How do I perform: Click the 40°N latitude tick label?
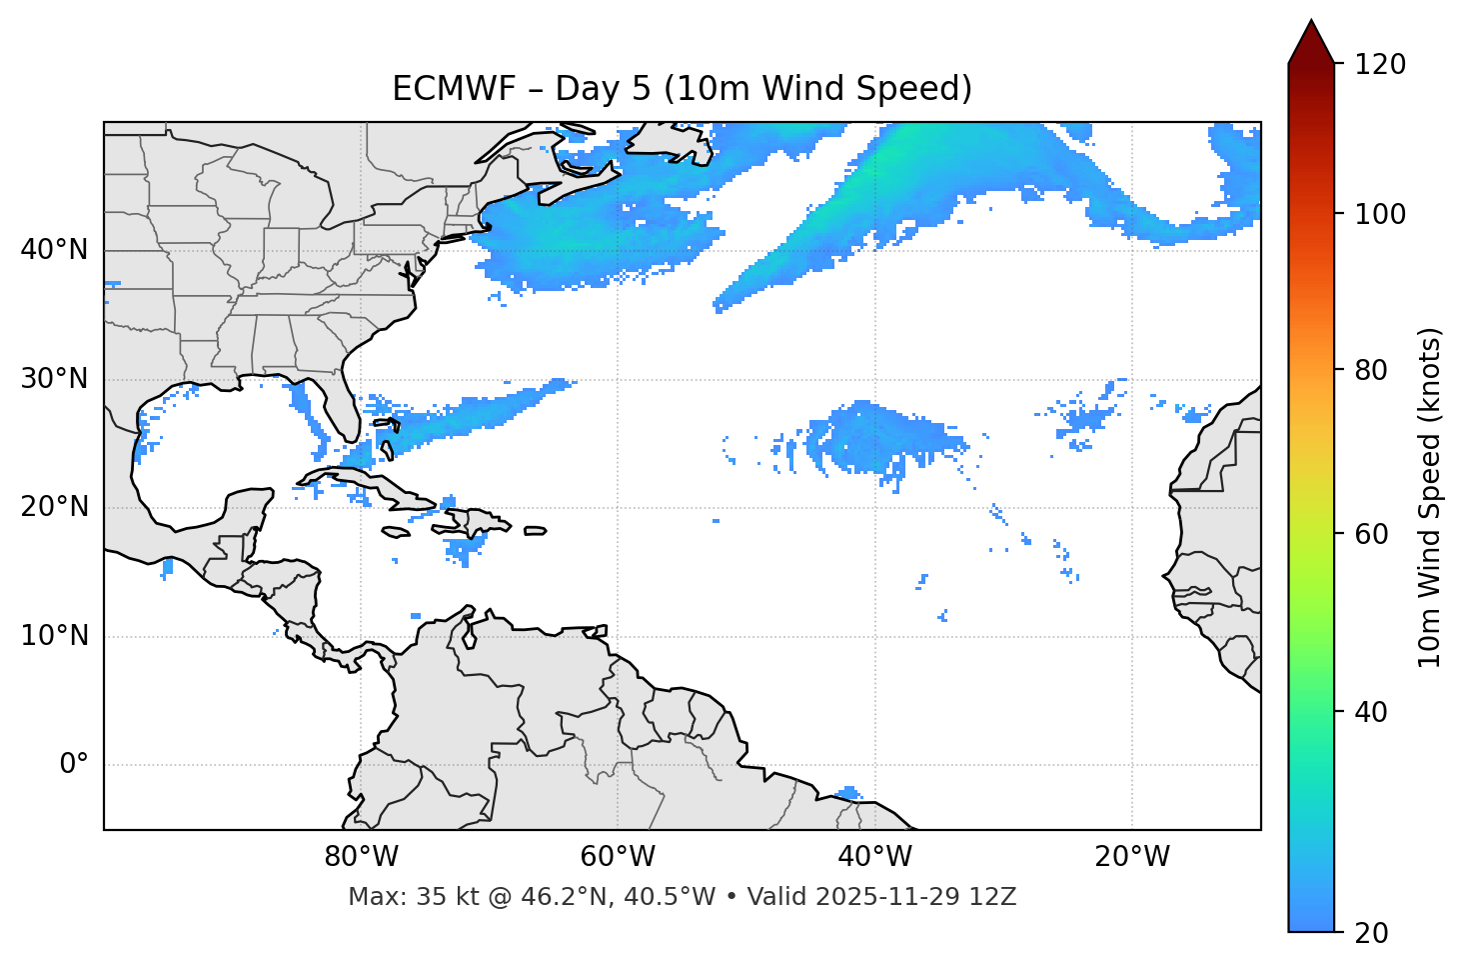point(54,250)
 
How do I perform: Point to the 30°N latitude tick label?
point(54,379)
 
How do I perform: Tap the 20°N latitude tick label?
point(54,507)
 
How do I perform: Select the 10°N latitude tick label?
point(54,636)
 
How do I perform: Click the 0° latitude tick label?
point(74,765)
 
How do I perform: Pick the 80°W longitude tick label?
point(361,857)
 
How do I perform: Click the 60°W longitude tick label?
point(618,857)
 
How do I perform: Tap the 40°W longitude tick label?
point(874,857)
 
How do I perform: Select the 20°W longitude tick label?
point(1132,857)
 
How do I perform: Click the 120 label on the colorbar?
point(1380,65)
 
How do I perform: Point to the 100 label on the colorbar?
point(1380,214)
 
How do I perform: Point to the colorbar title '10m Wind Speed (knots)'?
point(1430,497)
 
